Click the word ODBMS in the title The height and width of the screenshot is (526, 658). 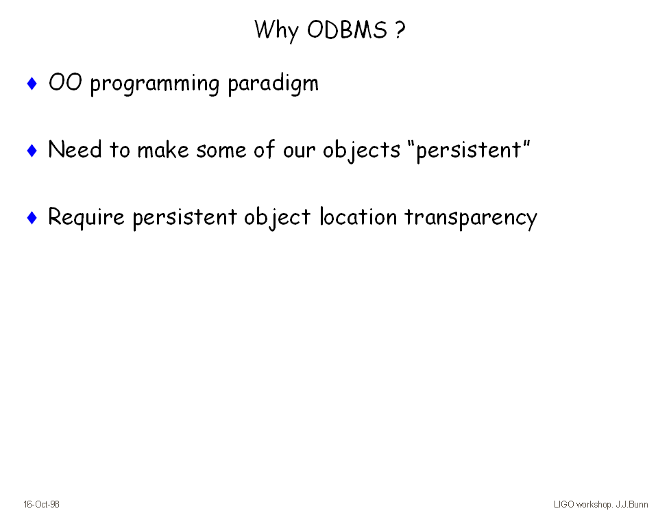coord(347,29)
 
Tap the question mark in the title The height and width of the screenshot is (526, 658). coord(400,29)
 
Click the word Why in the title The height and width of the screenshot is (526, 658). coord(276,31)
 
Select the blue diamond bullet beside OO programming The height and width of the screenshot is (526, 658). coord(32,83)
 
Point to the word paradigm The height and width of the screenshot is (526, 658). coord(273,83)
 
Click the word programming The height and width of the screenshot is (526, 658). coord(155,84)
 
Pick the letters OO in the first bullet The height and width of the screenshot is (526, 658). coord(65,82)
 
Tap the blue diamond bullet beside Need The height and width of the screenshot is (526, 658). coord(32,150)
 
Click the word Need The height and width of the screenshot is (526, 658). coord(75,149)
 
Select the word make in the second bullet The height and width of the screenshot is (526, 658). coord(163,149)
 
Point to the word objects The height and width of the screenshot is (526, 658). coord(361,151)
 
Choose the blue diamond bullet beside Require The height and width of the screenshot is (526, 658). coord(32,217)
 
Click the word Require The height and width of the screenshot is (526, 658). coord(86,218)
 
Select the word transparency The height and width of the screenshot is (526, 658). coord(471,218)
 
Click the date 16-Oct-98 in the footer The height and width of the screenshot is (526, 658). coord(41,504)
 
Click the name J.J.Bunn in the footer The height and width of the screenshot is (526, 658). coord(631,504)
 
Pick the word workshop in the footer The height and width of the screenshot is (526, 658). coord(594,505)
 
